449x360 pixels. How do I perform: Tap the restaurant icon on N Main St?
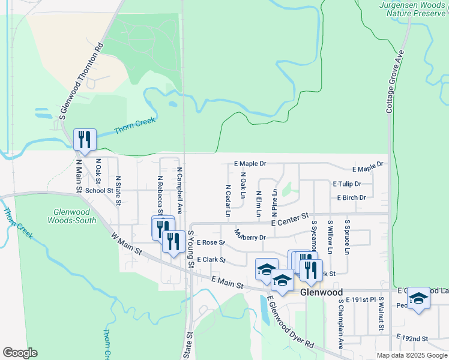pos(85,139)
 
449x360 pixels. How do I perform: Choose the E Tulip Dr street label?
pos(346,184)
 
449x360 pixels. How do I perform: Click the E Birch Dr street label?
pos(351,197)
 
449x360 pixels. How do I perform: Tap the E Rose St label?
pos(210,242)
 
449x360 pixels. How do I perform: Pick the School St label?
pos(99,190)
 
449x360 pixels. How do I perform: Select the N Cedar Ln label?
pos(229,200)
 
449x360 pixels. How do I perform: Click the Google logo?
pos(20,353)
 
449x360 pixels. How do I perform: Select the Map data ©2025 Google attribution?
pos(412,355)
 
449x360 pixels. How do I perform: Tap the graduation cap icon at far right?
pos(418,298)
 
